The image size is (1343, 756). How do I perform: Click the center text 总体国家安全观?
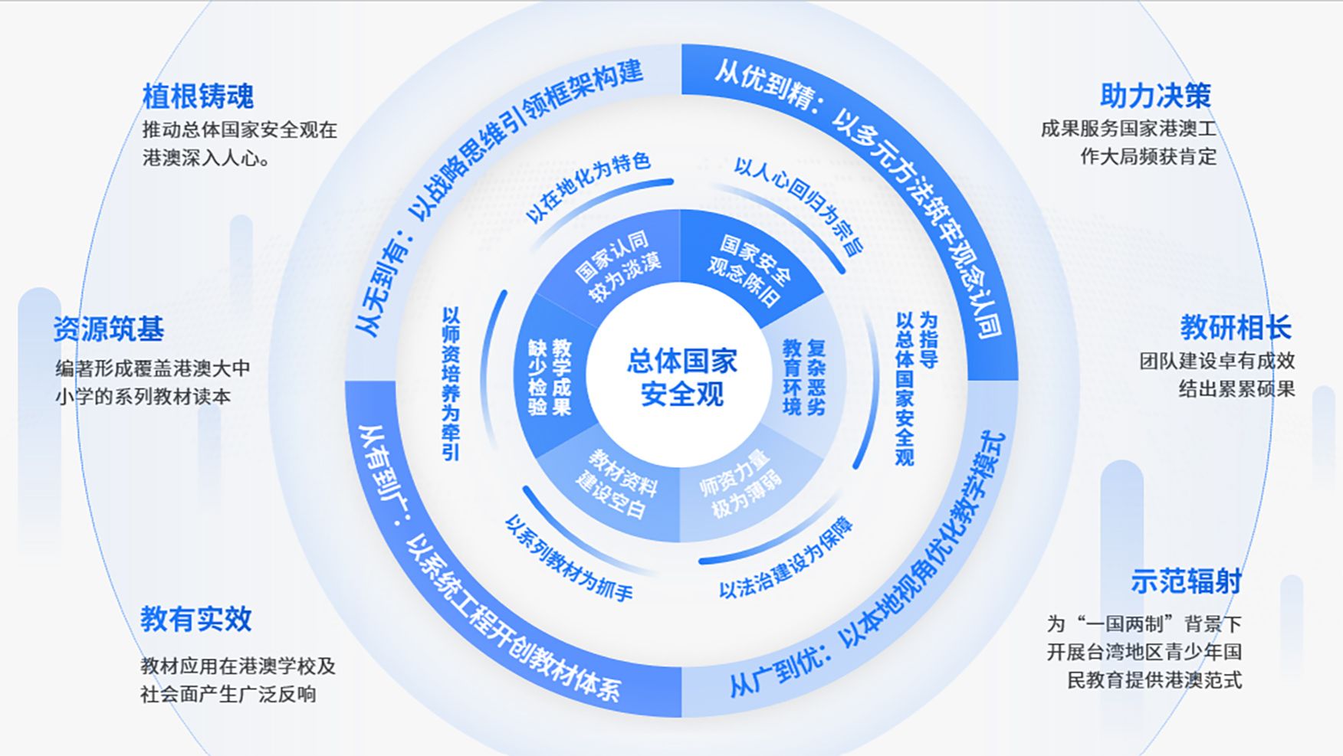681,377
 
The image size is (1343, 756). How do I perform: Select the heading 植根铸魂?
198,97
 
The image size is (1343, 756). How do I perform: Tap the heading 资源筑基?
109,329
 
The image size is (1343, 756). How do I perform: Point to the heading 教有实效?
195,619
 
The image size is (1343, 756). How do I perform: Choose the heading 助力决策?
1155,96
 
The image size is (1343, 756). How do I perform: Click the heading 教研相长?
1236,328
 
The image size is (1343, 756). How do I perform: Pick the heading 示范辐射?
1185,581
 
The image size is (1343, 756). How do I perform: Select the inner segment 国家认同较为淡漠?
618,266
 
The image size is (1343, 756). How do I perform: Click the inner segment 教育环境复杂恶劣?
804,378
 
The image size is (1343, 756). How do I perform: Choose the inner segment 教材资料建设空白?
617,484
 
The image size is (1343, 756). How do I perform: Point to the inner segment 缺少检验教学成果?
550,377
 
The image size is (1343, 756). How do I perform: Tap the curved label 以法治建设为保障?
786,559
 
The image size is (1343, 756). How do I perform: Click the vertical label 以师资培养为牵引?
451,384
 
